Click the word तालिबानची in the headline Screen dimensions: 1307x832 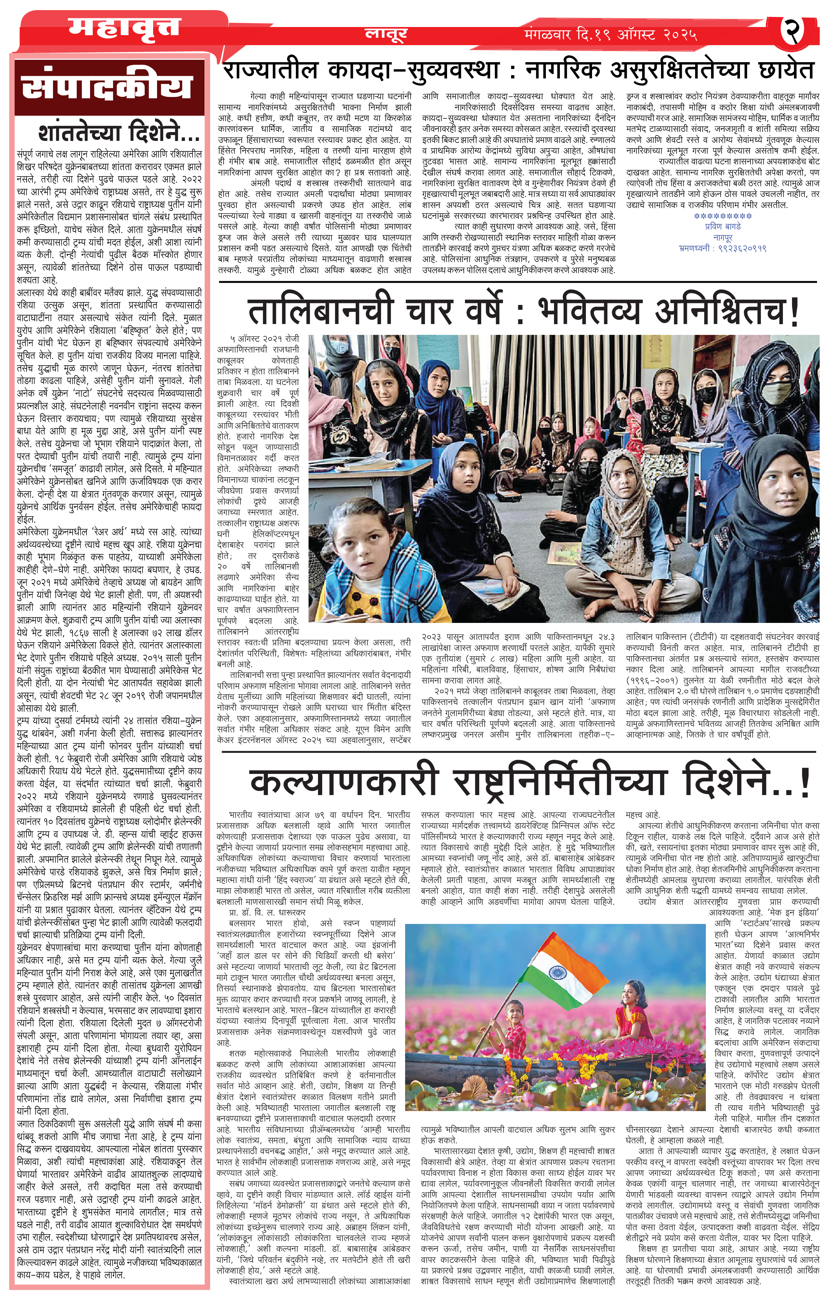click(x=320, y=311)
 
